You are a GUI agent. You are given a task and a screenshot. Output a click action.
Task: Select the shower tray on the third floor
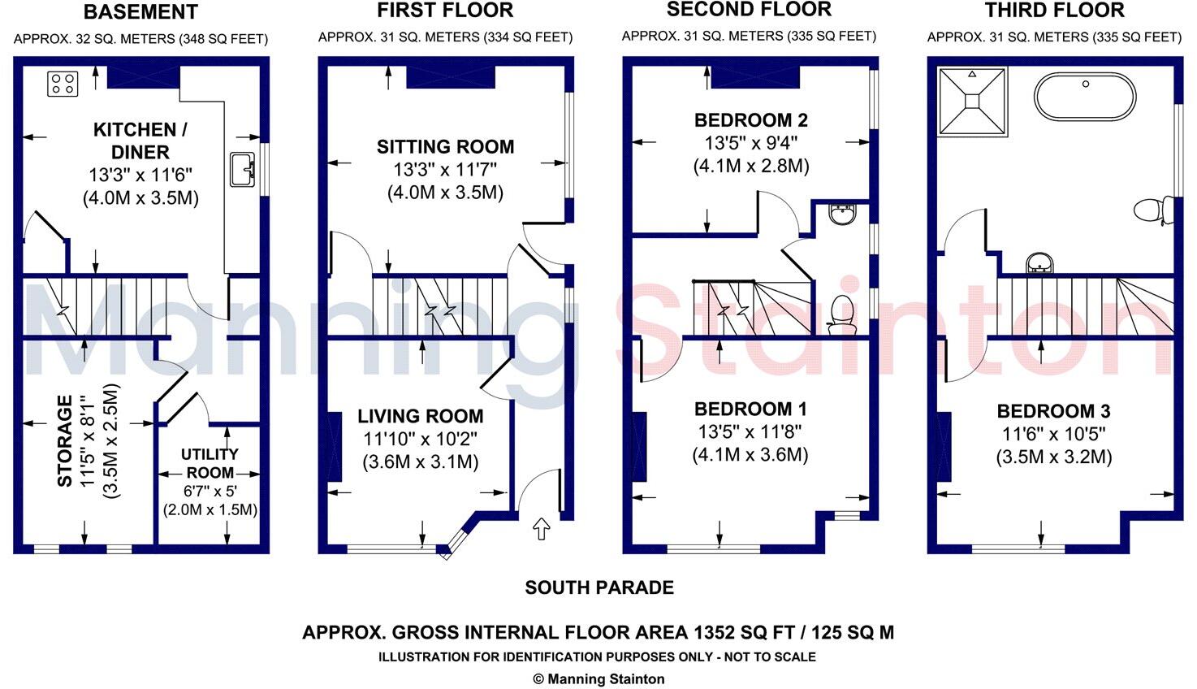(x=972, y=102)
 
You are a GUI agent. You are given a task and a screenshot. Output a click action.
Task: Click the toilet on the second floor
(x=841, y=314)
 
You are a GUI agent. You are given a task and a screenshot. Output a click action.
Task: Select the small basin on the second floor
(x=841, y=215)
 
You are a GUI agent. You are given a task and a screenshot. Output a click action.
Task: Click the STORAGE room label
(x=65, y=441)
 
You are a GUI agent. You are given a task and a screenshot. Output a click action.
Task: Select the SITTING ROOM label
(x=445, y=147)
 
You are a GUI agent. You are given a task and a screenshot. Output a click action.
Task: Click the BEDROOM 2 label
(x=750, y=121)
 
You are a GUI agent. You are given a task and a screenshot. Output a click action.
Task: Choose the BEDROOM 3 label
(x=1053, y=411)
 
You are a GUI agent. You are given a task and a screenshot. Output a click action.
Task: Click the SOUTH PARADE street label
(x=599, y=587)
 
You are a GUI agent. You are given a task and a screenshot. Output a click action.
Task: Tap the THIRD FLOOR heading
(x=1054, y=11)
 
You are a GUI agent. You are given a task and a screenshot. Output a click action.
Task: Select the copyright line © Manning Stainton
(x=598, y=679)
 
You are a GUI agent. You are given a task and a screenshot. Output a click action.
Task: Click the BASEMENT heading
(x=140, y=12)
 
